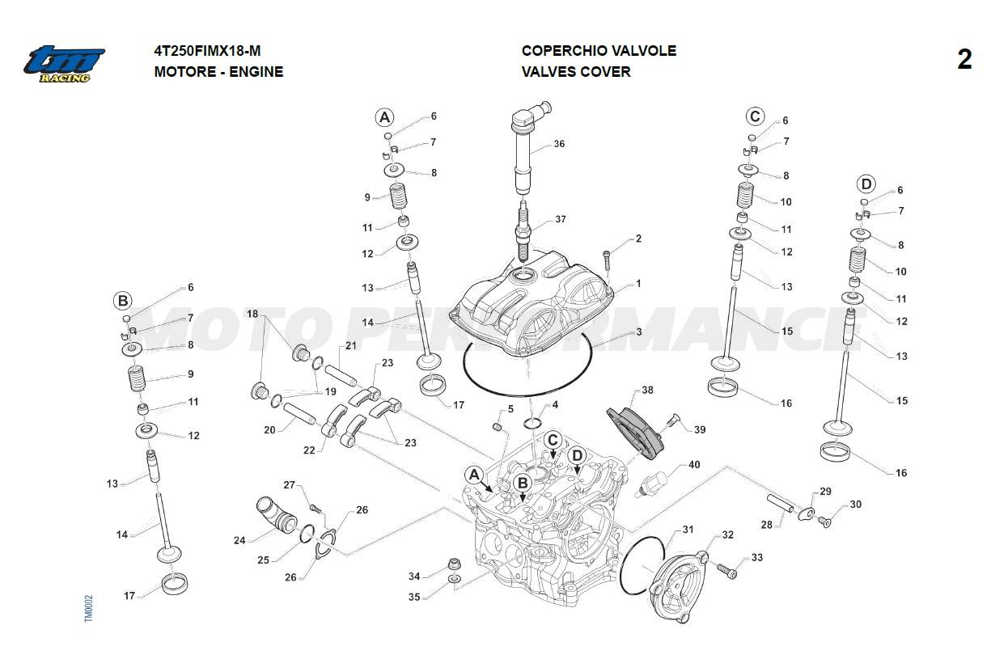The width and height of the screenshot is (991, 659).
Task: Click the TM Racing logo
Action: point(64,63)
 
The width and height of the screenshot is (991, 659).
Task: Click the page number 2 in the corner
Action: point(964,60)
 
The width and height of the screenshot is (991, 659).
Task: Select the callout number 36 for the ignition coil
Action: point(559,144)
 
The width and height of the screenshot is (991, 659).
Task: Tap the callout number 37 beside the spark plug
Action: point(561,220)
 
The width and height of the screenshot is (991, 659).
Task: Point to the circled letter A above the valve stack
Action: point(384,117)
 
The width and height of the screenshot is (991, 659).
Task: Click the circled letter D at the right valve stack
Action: point(866,183)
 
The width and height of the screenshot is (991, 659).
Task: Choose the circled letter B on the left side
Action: point(122,301)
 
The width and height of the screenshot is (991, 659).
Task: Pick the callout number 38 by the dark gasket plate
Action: point(647,390)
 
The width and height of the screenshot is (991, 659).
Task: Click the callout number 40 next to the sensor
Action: point(694,465)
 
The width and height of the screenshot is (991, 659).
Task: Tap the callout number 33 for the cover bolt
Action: point(757,557)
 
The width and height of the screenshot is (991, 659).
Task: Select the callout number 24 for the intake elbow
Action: point(239,540)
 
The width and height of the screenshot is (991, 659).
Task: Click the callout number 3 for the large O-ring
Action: point(638,332)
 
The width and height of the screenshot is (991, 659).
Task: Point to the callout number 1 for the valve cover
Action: point(638,284)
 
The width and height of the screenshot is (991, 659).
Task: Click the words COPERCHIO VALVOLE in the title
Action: point(599,50)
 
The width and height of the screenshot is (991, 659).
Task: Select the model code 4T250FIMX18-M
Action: point(207,50)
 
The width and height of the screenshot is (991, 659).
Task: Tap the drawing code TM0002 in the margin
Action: point(89,609)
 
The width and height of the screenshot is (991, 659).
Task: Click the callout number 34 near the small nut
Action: point(414,577)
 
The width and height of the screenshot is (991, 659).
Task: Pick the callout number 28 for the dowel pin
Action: point(766,525)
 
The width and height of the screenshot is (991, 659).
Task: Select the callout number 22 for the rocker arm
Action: point(309,450)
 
